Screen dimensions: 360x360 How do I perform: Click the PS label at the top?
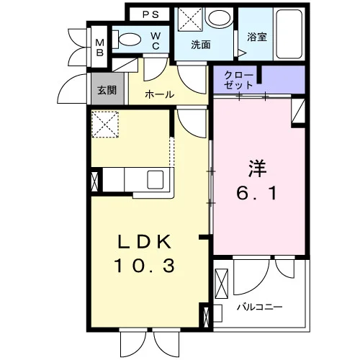tap(150, 14)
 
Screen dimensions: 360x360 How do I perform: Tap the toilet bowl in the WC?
tap(130, 39)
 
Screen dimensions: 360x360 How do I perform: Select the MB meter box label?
tap(100, 48)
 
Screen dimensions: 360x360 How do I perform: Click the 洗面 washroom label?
tap(201, 45)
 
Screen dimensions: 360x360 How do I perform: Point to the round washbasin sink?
tap(220, 18)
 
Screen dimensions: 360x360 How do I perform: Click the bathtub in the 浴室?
tap(289, 34)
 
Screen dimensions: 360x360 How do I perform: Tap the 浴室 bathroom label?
tap(257, 37)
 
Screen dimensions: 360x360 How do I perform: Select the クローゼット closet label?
tap(238, 81)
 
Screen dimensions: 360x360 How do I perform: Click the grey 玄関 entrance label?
tap(107, 90)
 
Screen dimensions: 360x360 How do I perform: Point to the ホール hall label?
tap(160, 94)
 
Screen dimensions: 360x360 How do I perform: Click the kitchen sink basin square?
tap(156, 179)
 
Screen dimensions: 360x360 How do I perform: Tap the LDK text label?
tap(145, 241)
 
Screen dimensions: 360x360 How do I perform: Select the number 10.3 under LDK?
tap(145, 266)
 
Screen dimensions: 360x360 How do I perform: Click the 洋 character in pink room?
tap(257, 168)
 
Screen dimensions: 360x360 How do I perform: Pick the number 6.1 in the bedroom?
tap(257, 193)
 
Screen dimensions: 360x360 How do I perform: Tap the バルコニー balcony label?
tap(260, 307)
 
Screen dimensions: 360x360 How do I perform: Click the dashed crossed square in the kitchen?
tap(105, 125)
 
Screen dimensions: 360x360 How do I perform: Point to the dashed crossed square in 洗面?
tap(190, 19)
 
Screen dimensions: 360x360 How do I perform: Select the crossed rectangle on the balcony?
tap(222, 284)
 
